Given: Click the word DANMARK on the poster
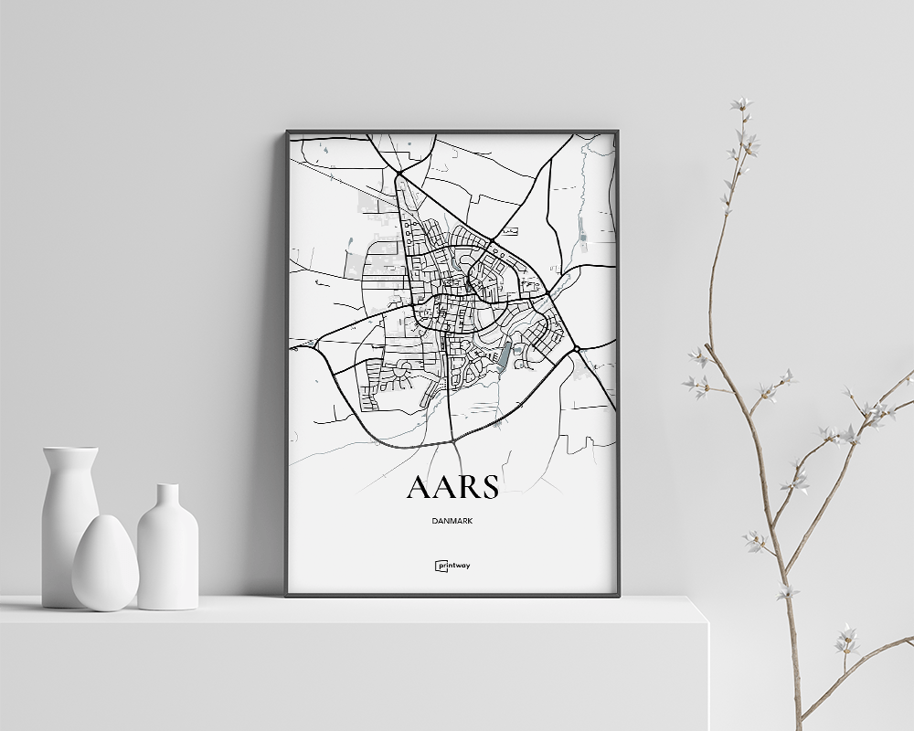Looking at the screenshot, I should click(x=452, y=521).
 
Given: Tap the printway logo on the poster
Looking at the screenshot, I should click(x=452, y=565).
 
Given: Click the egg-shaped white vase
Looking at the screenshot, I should click(x=105, y=564).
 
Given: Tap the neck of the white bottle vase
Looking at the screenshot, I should click(x=167, y=498).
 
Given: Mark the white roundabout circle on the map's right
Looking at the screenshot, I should click(x=578, y=348).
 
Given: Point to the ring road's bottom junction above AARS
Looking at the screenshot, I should click(x=453, y=442).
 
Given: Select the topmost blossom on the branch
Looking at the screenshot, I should click(x=740, y=103).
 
